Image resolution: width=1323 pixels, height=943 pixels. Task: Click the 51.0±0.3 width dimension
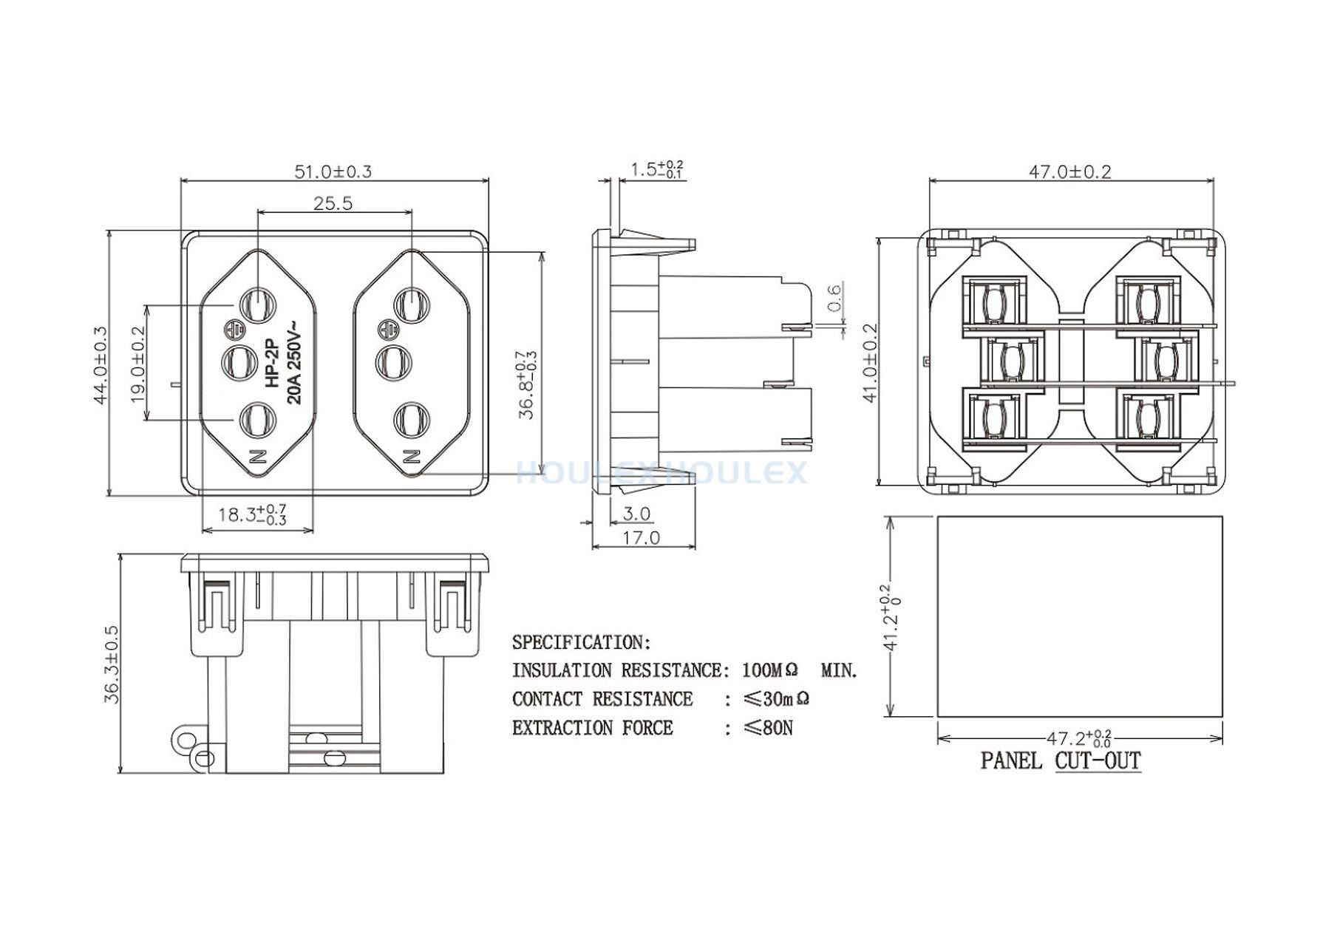pyautogui.click(x=333, y=171)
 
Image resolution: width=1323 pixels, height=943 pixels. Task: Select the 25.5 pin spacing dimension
pyautogui.click(x=333, y=202)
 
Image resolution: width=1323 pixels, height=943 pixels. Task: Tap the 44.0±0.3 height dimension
pyautogui.click(x=100, y=365)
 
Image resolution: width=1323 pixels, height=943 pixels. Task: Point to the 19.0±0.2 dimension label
pyautogui.click(x=138, y=364)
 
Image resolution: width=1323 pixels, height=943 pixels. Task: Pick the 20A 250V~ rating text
pyautogui.click(x=293, y=363)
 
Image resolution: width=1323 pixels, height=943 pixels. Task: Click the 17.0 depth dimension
pyautogui.click(x=641, y=537)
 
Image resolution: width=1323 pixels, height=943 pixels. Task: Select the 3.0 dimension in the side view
pyautogui.click(x=636, y=513)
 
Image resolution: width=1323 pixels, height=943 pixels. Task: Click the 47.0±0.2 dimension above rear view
pyautogui.click(x=1071, y=171)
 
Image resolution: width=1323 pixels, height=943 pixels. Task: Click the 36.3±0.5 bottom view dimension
pyautogui.click(x=112, y=664)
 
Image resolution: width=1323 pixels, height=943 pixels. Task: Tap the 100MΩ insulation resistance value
pyautogui.click(x=770, y=670)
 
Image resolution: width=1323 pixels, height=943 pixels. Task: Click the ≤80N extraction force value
pyautogui.click(x=769, y=728)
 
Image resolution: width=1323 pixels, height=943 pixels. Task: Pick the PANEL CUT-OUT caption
pyautogui.click(x=1061, y=760)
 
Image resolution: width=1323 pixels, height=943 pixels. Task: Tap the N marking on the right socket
pyautogui.click(x=412, y=455)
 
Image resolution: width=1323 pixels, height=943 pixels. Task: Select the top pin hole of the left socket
pyautogui.click(x=257, y=304)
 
